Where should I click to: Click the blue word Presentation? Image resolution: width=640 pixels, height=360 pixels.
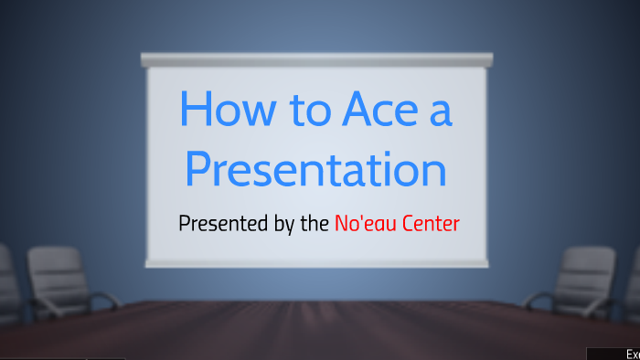tap(315, 171)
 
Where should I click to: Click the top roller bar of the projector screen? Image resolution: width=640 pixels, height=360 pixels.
tap(316, 59)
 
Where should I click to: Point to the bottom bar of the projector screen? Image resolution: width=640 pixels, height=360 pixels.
tap(316, 263)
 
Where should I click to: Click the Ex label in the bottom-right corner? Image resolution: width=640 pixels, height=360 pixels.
tap(631, 354)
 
